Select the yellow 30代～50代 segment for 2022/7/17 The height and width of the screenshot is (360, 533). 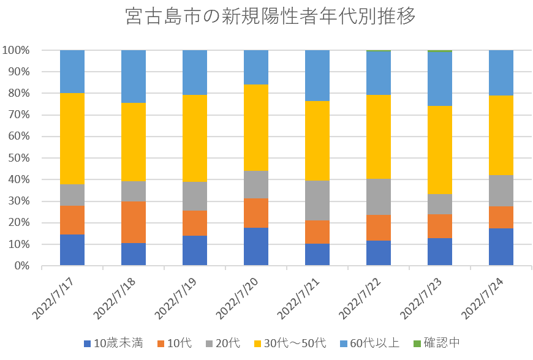point(72,138)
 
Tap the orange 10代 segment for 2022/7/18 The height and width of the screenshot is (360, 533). point(134,222)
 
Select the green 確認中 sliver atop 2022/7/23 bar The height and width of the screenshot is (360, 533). point(440,51)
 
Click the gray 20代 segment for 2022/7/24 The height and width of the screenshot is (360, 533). point(501,191)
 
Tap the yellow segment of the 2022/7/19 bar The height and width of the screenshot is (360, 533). point(195,138)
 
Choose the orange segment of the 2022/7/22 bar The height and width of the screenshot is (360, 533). point(379,228)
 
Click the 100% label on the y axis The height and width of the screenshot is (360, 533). point(17,50)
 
